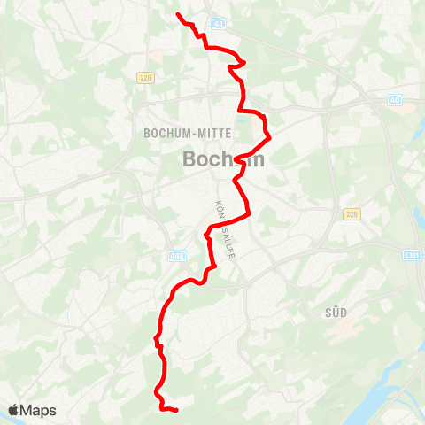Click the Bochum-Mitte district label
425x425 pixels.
[x=187, y=134]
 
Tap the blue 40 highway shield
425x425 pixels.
[x=395, y=99]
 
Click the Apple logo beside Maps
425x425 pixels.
[x=13, y=410]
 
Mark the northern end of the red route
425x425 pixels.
[x=178, y=15]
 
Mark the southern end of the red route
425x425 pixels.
[x=177, y=410]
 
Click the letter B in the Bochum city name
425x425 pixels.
[x=189, y=160]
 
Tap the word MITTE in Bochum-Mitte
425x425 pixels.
[x=212, y=134]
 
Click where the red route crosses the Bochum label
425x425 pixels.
[x=238, y=160]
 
